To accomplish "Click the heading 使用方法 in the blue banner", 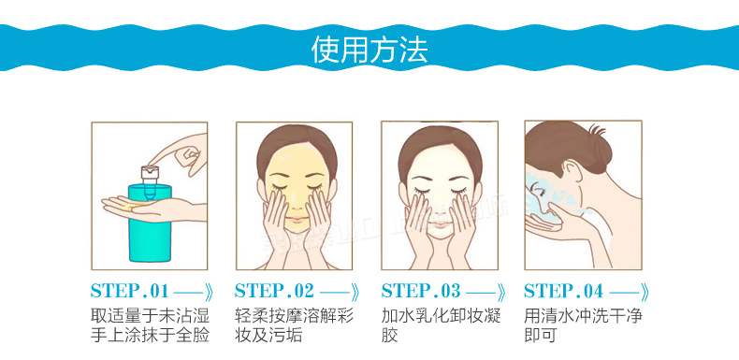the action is pos(369,49).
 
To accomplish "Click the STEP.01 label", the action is pos(130,291).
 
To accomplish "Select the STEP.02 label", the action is pos(274,291).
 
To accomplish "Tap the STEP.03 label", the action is pos(420,291).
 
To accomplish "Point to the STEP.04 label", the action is pos(564,291).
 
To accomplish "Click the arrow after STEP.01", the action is pos(194,293).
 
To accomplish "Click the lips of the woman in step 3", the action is pos(440,221).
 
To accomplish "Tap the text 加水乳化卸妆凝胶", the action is pos(441,325).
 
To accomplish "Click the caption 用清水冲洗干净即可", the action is pos(583,325).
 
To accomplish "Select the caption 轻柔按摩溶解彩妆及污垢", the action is pos(294,325).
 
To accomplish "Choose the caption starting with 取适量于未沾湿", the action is pos(150,325).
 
